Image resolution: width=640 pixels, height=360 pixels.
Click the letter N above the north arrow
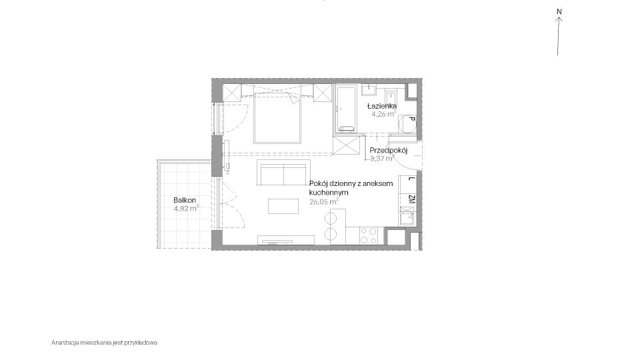[x=559, y=11]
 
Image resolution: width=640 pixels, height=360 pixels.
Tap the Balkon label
[x=185, y=200]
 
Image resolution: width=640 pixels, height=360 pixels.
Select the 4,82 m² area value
[x=186, y=208]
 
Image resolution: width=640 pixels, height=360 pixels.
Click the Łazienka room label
[x=382, y=106]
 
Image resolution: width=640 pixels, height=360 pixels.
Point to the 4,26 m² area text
[x=384, y=114]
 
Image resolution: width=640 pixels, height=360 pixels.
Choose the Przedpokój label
[x=389, y=150]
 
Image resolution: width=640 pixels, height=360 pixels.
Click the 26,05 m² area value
[x=324, y=201]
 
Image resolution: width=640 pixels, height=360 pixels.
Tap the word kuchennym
[x=329, y=193]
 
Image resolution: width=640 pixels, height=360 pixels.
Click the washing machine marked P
[x=407, y=123]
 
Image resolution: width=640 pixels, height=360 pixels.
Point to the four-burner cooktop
[x=369, y=235]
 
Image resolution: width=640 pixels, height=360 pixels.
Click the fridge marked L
[x=407, y=183]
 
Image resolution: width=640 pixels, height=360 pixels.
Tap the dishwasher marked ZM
[x=407, y=199]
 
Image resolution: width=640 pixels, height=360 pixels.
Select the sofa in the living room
[x=284, y=172]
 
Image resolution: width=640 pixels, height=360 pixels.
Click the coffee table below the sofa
[x=283, y=206]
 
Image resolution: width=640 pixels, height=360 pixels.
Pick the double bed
[x=277, y=118]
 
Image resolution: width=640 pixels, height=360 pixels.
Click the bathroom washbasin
[x=369, y=90]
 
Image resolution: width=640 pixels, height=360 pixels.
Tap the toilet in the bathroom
[x=391, y=97]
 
